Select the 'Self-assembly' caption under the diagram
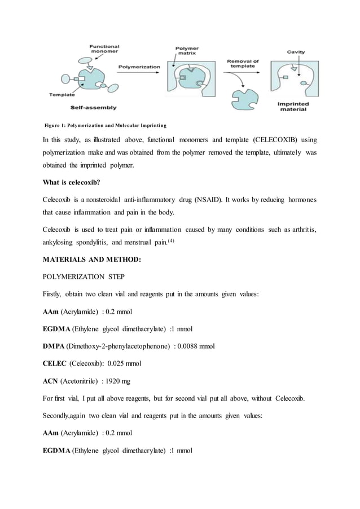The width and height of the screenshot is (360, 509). tap(93, 106)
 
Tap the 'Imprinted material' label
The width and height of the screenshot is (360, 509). tap(293, 107)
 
